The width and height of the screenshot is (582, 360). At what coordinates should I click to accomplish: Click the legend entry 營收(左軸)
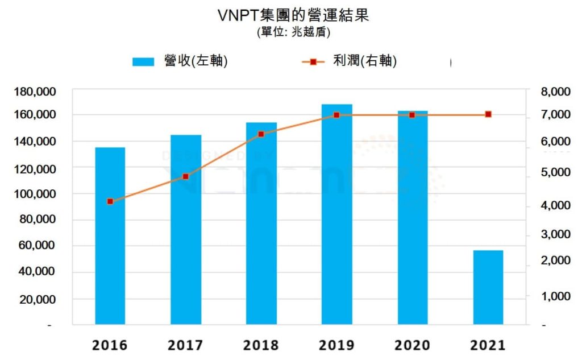point(180,61)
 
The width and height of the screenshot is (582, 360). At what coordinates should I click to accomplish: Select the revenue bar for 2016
point(110,236)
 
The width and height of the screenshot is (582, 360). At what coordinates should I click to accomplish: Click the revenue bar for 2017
point(186,230)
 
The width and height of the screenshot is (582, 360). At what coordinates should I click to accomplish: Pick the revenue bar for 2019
point(337,214)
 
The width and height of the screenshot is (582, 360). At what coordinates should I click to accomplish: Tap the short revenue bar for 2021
point(488,287)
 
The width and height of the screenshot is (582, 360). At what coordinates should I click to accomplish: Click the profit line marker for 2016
point(110,201)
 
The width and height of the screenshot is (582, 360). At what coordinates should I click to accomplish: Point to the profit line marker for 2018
point(261,134)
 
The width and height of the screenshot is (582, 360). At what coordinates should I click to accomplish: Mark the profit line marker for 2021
point(488,114)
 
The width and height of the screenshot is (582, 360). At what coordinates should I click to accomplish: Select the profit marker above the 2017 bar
point(186,176)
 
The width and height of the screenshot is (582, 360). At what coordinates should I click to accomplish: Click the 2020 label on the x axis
point(412,345)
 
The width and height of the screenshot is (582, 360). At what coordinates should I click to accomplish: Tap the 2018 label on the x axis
point(261,345)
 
